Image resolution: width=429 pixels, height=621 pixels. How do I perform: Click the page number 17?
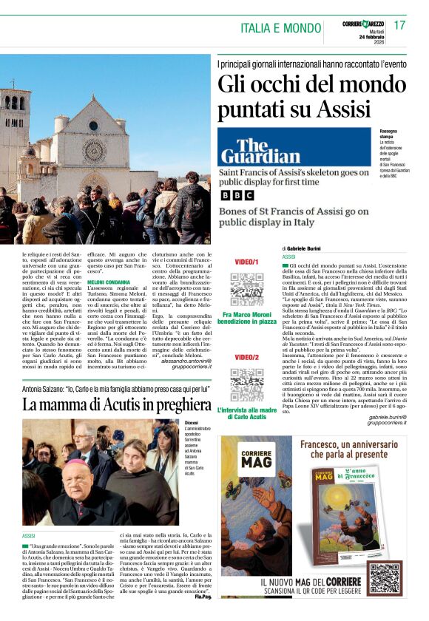pyautogui.click(x=399, y=26)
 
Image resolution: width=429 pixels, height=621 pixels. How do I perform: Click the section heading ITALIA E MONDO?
pyautogui.click(x=280, y=28)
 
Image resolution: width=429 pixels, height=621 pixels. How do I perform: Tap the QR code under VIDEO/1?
pyautogui.click(x=246, y=288)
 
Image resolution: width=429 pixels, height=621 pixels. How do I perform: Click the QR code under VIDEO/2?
pyautogui.click(x=246, y=384)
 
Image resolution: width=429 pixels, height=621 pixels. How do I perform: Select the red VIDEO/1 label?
pyautogui.click(x=246, y=262)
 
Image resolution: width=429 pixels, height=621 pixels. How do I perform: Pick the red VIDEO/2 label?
pyautogui.click(x=246, y=358)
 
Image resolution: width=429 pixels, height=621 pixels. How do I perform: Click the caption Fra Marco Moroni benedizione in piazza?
pyautogui.click(x=246, y=318)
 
